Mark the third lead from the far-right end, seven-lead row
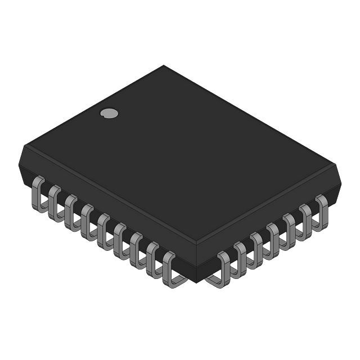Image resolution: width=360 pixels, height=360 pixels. (289, 227)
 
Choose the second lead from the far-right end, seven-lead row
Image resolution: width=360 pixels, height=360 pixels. (305, 217)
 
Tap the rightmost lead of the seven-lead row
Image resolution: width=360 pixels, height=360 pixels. (322, 208)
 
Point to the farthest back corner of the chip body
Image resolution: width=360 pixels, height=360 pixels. (164, 64)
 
